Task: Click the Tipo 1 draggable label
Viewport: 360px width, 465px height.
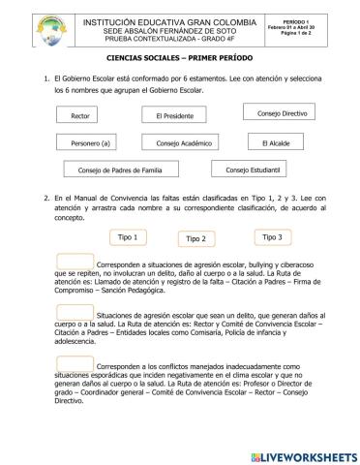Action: (x=127, y=237)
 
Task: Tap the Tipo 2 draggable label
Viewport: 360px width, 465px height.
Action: (x=195, y=238)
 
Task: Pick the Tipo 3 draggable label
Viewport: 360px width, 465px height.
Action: (x=272, y=236)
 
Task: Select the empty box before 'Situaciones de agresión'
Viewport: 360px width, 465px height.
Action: (x=75, y=311)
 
